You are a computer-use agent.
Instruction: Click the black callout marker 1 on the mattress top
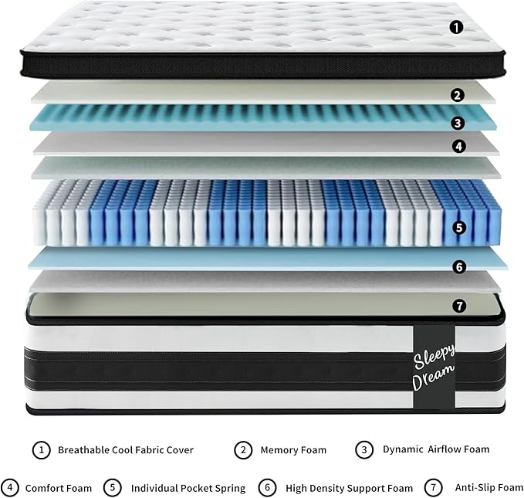(x=456, y=28)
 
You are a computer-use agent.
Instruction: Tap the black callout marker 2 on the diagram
(x=458, y=96)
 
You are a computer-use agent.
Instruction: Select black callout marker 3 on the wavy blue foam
(x=458, y=122)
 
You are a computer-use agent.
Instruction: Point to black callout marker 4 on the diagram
(x=458, y=145)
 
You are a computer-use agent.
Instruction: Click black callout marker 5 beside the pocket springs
(x=459, y=228)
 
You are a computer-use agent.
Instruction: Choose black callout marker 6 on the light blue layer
(x=459, y=267)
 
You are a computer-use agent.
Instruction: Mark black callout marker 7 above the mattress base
(x=459, y=306)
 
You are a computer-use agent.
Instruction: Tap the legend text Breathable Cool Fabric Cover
(x=126, y=449)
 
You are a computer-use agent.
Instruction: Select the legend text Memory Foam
(x=293, y=449)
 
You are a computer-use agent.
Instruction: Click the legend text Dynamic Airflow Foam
(x=435, y=449)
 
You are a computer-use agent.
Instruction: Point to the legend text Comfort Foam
(x=59, y=488)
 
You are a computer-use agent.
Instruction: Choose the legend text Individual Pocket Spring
(x=188, y=488)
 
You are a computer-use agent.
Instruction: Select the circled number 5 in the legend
(x=112, y=488)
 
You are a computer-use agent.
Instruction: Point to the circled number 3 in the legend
(x=363, y=449)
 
